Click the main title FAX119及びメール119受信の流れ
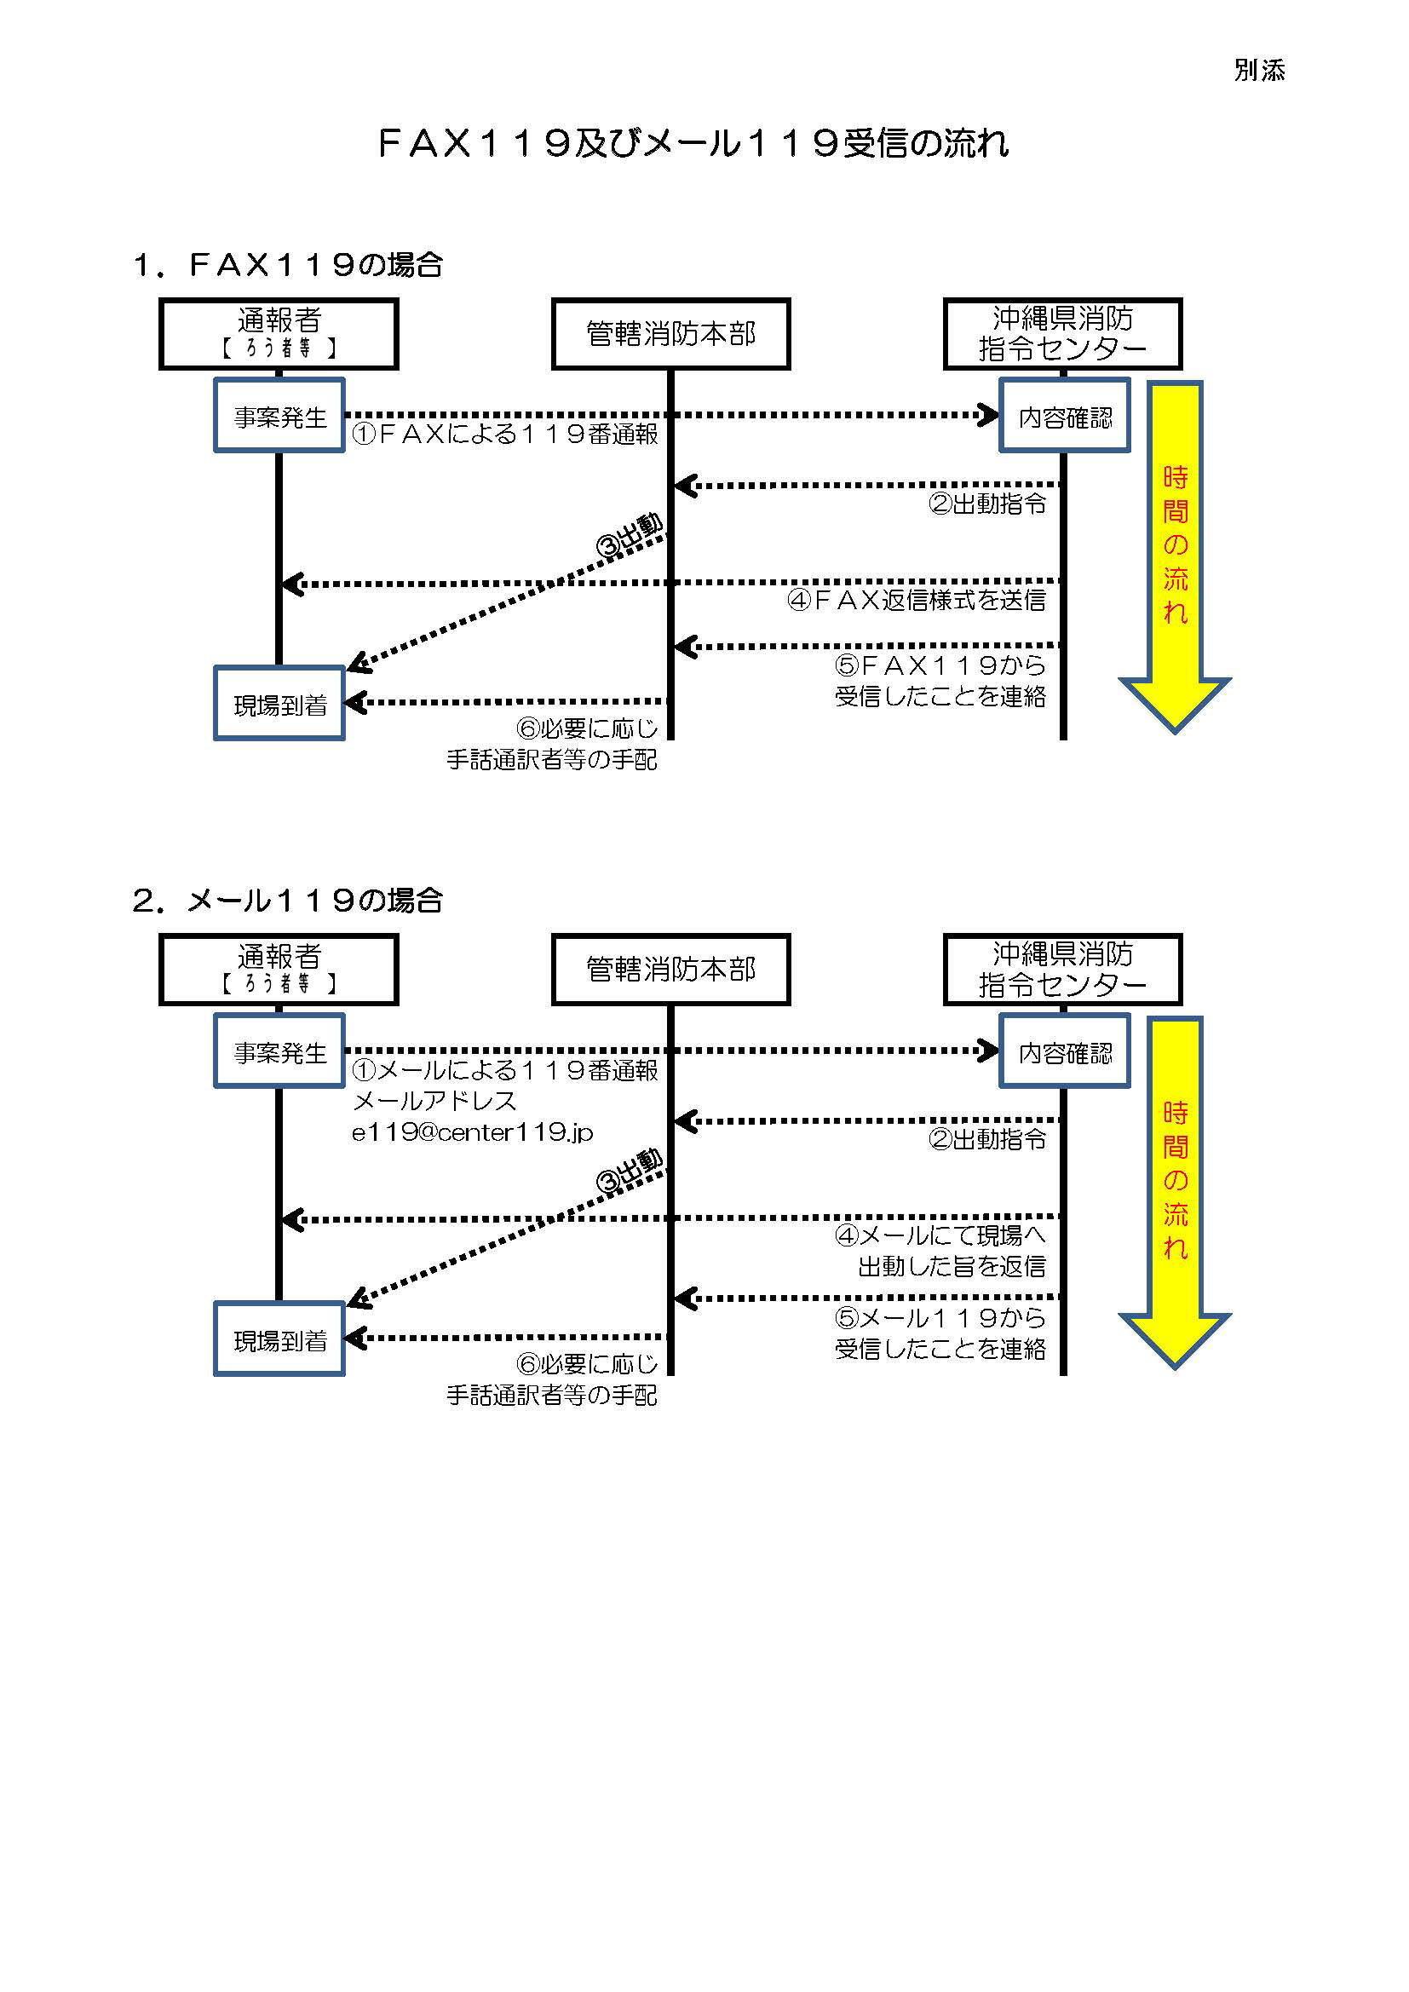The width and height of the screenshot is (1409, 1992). pyautogui.click(x=694, y=143)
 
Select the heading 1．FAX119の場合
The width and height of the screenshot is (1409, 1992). pyautogui.click(x=288, y=265)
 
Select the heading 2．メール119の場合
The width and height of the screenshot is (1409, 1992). pyautogui.click(x=288, y=901)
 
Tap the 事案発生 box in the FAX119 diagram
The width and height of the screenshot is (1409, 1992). pyautogui.click(x=279, y=417)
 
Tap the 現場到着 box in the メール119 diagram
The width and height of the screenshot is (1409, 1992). pyautogui.click(x=279, y=1340)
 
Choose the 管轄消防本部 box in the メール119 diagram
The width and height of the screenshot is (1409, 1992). pyautogui.click(x=670, y=969)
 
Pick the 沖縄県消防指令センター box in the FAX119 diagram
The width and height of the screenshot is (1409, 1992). pyautogui.click(x=1063, y=334)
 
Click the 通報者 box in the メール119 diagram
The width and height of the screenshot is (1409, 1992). pyautogui.click(x=279, y=969)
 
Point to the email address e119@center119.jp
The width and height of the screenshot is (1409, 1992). pyautogui.click(x=473, y=1132)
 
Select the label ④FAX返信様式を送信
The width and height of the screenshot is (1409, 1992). pyautogui.click(x=917, y=600)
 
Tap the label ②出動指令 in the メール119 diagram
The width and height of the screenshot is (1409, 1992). pyautogui.click(x=987, y=1139)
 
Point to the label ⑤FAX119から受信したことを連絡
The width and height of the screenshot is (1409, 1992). pyautogui.click(x=940, y=681)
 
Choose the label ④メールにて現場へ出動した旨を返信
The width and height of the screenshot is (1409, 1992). pyautogui.click(x=941, y=1250)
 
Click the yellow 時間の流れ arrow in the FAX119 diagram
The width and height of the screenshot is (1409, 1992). pyautogui.click(x=1175, y=556)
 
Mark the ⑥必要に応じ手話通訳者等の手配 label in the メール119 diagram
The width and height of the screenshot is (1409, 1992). pyautogui.click(x=553, y=1379)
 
